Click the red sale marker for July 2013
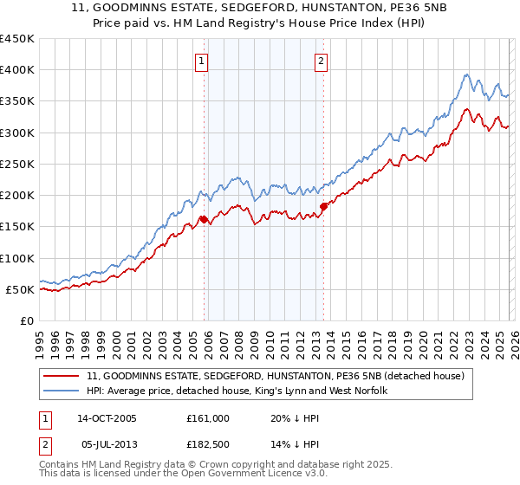(323, 206)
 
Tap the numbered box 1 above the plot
(201, 61)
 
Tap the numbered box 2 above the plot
(321, 61)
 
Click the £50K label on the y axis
(21, 289)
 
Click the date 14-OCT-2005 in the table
(107, 417)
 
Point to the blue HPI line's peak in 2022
(466, 74)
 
